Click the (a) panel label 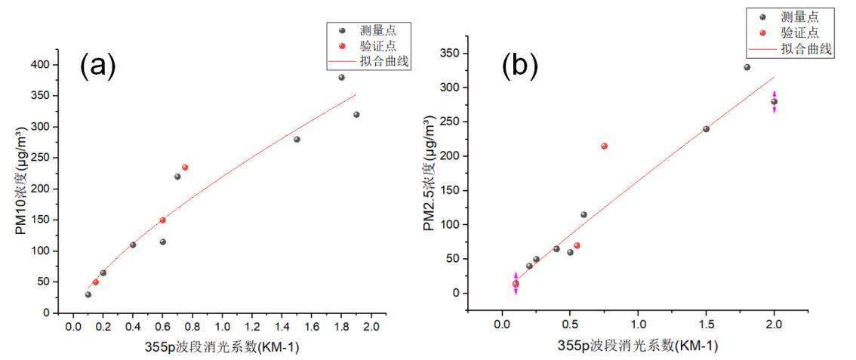click(98, 66)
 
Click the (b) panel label click(520, 66)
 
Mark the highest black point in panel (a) click(341, 77)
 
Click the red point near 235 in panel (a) click(185, 168)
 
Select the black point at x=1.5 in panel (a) click(297, 139)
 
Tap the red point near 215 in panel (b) click(604, 146)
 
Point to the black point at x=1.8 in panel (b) click(747, 67)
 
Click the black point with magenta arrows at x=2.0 click(774, 101)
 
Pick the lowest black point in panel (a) click(88, 294)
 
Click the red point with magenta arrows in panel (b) click(516, 284)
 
